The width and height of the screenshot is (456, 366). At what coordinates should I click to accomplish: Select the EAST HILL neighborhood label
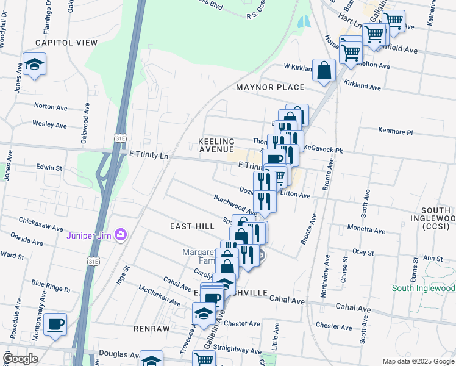tap(192, 226)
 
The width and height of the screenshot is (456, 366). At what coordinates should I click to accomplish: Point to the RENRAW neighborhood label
tap(152, 328)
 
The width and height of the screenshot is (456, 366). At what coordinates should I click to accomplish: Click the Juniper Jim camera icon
tap(121, 234)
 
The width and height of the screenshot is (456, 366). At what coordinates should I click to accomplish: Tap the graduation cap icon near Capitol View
tap(35, 64)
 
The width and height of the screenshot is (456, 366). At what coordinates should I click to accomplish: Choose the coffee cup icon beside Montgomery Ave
tap(55, 324)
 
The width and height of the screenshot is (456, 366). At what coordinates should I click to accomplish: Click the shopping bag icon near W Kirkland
tap(324, 70)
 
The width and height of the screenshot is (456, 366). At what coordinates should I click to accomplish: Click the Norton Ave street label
tap(50, 106)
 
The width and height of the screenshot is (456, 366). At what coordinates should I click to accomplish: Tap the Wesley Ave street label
tap(49, 124)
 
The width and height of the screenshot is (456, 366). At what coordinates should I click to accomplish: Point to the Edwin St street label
tap(49, 167)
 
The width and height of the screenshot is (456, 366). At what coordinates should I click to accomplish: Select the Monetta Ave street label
tap(366, 231)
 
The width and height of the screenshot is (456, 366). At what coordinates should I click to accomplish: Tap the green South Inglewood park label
tap(423, 288)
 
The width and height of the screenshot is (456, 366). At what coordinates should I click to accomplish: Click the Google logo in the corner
tap(21, 359)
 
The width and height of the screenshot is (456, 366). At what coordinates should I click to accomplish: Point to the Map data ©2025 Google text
tap(418, 361)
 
